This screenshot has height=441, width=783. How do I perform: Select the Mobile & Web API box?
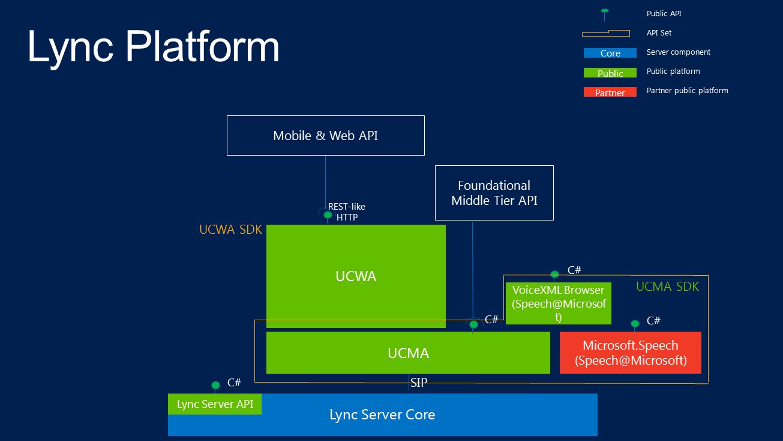pos(325,135)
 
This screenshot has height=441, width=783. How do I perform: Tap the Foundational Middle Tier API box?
pos(494,193)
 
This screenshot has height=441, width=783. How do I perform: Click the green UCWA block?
pos(356,276)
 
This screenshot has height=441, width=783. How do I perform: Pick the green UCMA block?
pos(408,353)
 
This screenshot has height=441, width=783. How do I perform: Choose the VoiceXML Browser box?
pos(558,303)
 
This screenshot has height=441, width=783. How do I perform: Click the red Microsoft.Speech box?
pos(630,353)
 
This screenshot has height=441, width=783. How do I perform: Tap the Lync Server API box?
pos(215,404)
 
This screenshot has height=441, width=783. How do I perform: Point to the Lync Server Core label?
pos(382,415)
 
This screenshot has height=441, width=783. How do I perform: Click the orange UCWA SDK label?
pos(231,230)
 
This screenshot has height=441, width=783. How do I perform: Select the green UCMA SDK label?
pos(667,287)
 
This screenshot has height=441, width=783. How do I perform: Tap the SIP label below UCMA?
pos(419,383)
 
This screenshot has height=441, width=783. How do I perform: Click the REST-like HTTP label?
pos(347,211)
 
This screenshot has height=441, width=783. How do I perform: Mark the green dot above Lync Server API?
pos(215,385)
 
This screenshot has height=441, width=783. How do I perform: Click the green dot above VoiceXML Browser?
pos(555,274)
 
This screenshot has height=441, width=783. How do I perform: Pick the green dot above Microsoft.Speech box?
pos(635,323)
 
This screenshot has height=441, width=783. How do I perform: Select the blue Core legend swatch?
pos(610,53)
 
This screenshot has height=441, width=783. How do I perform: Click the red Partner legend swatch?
pos(610,92)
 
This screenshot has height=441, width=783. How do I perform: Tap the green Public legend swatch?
pos(610,73)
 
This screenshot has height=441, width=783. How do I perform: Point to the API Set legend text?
pos(659,33)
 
